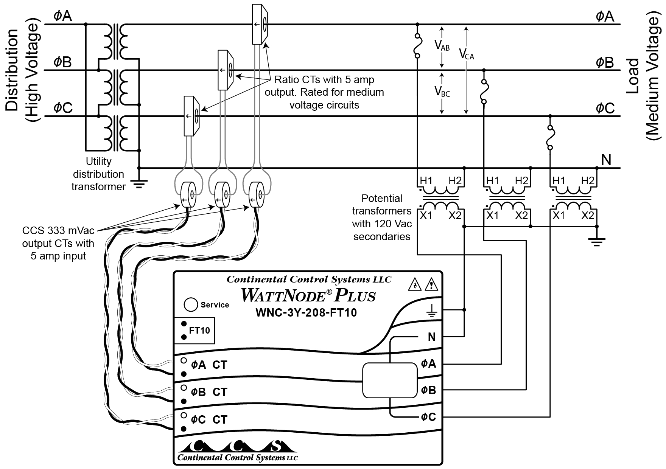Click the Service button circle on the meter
[x=191, y=304]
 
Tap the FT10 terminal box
[x=194, y=331]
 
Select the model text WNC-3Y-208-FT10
[x=307, y=313]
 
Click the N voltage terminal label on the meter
[x=431, y=337]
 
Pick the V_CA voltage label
[x=466, y=54]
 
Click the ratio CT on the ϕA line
[x=260, y=25]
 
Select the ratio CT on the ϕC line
[x=191, y=116]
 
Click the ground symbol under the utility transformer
[x=139, y=185]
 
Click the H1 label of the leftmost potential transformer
[x=426, y=181]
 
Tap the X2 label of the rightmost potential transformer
[x=588, y=216]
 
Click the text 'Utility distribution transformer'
[x=98, y=174]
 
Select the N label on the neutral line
[x=606, y=160]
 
